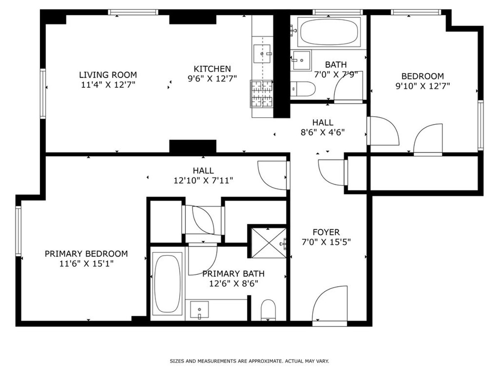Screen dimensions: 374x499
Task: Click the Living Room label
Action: pyautogui.click(x=108, y=75)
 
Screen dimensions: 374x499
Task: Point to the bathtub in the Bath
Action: pyautogui.click(x=329, y=32)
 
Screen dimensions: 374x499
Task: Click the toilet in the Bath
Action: pyautogui.click(x=304, y=89)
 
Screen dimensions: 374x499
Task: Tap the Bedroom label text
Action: pyautogui.click(x=422, y=76)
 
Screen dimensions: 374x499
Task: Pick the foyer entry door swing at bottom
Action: pyautogui.click(x=331, y=303)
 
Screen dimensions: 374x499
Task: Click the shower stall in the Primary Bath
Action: pyautogui.click(x=267, y=243)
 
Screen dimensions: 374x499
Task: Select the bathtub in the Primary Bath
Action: pyautogui.click(x=167, y=283)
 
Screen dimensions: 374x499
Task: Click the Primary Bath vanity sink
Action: pyautogui.click(x=200, y=310)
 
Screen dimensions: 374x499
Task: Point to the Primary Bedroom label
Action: pyautogui.click(x=86, y=253)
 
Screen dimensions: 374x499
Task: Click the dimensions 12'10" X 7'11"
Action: pyautogui.click(x=203, y=180)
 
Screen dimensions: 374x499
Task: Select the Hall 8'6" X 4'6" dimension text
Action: pyautogui.click(x=323, y=133)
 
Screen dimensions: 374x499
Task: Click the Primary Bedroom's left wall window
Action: pyautogui.click(x=18, y=231)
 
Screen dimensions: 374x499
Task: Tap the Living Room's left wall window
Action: pyautogui.click(x=43, y=93)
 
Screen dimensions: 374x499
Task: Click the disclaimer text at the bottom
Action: pyautogui.click(x=249, y=361)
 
